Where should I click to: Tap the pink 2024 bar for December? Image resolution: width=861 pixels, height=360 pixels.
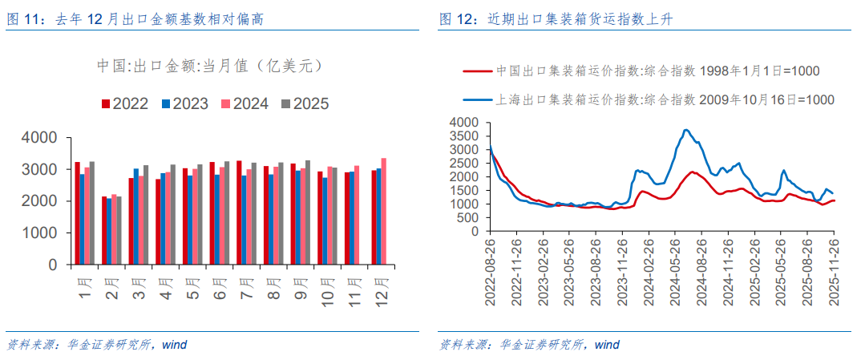pyautogui.click(x=383, y=211)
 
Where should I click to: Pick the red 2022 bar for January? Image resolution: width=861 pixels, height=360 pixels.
pyautogui.click(x=77, y=213)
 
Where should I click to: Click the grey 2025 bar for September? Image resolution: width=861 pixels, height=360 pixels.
pyautogui.click(x=308, y=212)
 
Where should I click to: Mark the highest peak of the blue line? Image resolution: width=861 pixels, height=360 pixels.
pyautogui.click(x=685, y=130)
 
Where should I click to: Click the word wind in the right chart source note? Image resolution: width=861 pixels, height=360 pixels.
pyautogui.click(x=607, y=345)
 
